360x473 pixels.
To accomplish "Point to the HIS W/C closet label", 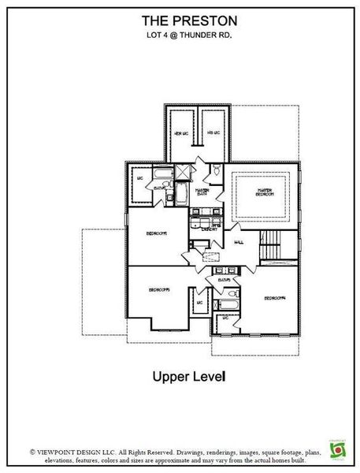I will pos(213,133).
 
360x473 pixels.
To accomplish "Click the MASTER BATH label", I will pos(202,192).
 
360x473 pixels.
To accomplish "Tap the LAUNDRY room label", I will pos(208,229).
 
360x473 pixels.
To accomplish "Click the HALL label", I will pos(239,243).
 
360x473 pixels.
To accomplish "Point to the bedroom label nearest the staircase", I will pos(273,298).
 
